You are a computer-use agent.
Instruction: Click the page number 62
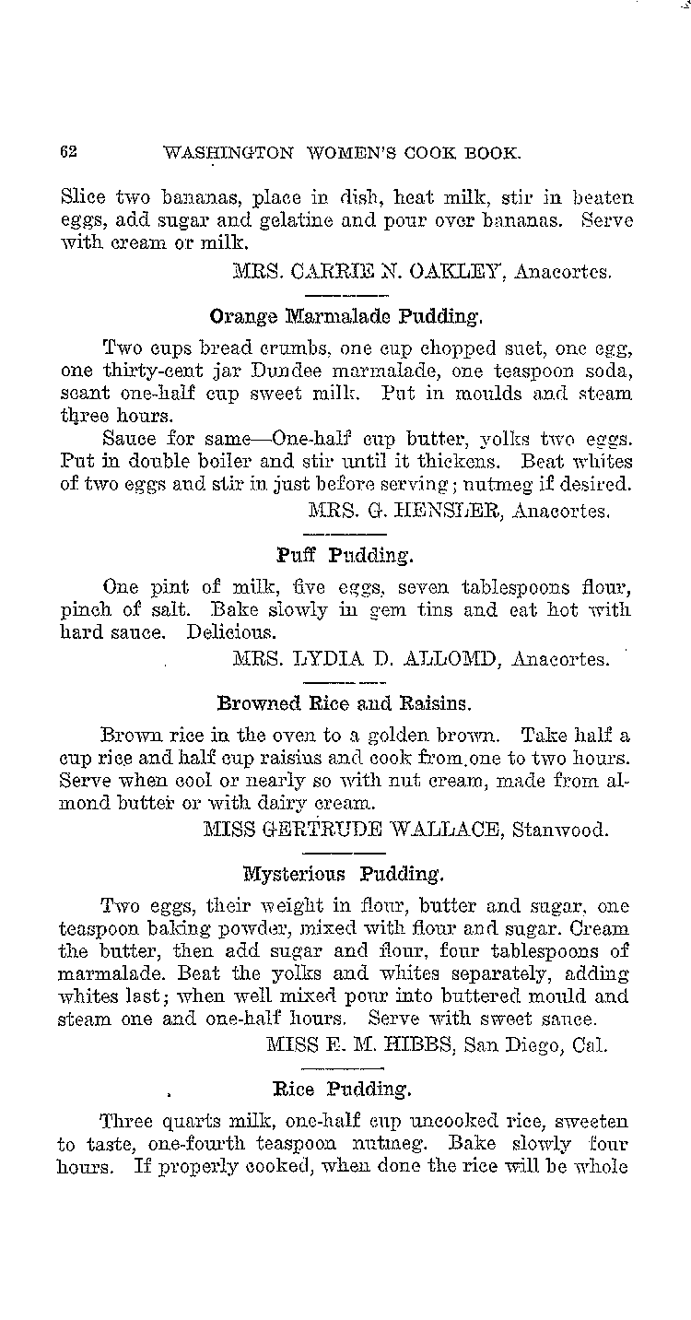(67, 153)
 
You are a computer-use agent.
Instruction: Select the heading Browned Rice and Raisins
(344, 703)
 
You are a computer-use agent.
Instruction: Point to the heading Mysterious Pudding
(345, 871)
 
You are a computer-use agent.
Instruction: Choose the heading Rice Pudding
(342, 1089)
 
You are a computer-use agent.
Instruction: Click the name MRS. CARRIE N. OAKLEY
(367, 271)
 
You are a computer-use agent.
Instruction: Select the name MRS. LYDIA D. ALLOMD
(366, 659)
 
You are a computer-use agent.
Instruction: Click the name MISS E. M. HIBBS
(357, 1044)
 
